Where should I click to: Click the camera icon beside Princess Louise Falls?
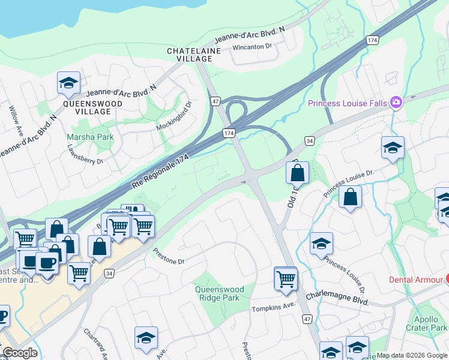tap(396, 103)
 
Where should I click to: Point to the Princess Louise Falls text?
tap(348, 103)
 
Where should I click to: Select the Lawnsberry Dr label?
tap(85, 154)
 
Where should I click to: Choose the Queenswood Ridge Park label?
tap(217, 293)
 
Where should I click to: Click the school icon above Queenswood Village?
tap(68, 84)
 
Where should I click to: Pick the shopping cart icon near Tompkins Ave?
tap(286, 278)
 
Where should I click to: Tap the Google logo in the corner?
tap(20, 353)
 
